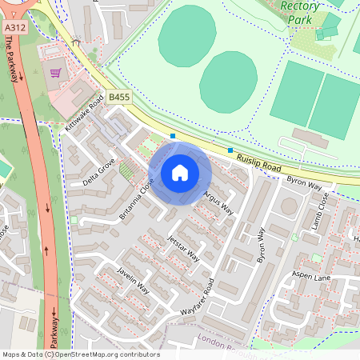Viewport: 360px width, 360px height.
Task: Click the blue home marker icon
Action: coord(180,173)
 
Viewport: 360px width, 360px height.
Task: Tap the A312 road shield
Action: coord(13,27)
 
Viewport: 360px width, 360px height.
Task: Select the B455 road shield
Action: coord(118,97)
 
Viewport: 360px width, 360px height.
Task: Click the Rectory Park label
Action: coord(301,12)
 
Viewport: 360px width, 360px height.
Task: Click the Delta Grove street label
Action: coord(98,172)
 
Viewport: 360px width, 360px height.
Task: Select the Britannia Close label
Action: coord(135,200)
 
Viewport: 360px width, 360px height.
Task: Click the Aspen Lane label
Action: coord(311,276)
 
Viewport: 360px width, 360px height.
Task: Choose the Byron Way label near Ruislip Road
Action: coord(304,184)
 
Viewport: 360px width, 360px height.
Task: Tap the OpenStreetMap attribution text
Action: coord(80,354)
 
